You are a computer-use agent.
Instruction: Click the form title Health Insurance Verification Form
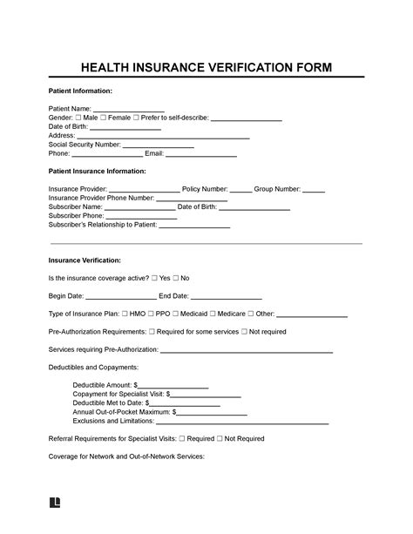click(206, 67)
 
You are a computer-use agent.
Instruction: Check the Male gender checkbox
click(79, 118)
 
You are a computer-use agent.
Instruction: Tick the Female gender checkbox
click(105, 118)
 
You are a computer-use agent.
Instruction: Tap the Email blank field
click(200, 156)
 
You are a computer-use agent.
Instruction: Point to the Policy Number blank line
click(240, 190)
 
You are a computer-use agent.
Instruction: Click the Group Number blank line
click(314, 190)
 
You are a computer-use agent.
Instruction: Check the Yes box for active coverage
click(154, 278)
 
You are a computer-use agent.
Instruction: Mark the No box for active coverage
click(176, 278)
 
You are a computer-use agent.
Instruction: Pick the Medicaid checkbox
click(178, 314)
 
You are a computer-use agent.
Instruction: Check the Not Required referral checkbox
click(219, 439)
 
